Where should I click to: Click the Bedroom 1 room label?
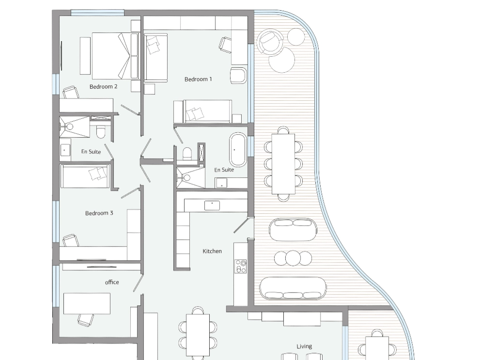tap(198, 79)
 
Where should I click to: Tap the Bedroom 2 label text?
tap(103, 87)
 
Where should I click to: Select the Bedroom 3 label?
tap(99, 213)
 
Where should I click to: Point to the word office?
tap(112, 282)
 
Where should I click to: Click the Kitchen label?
tap(212, 251)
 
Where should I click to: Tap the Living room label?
tap(304, 346)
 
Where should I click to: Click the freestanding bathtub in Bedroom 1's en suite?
tap(238, 150)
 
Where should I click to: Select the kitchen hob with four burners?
tap(241, 266)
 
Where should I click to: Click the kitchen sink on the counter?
tap(212, 205)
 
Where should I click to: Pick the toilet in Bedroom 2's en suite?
tap(101, 132)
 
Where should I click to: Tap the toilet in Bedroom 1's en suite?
tap(187, 153)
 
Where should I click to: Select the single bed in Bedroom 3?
tap(85, 176)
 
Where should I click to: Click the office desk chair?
tap(85, 320)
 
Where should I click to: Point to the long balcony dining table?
tap(283, 164)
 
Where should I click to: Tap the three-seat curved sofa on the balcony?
tap(293, 288)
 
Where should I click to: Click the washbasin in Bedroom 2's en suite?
tap(65, 150)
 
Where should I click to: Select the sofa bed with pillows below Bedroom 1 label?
tap(203, 111)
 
